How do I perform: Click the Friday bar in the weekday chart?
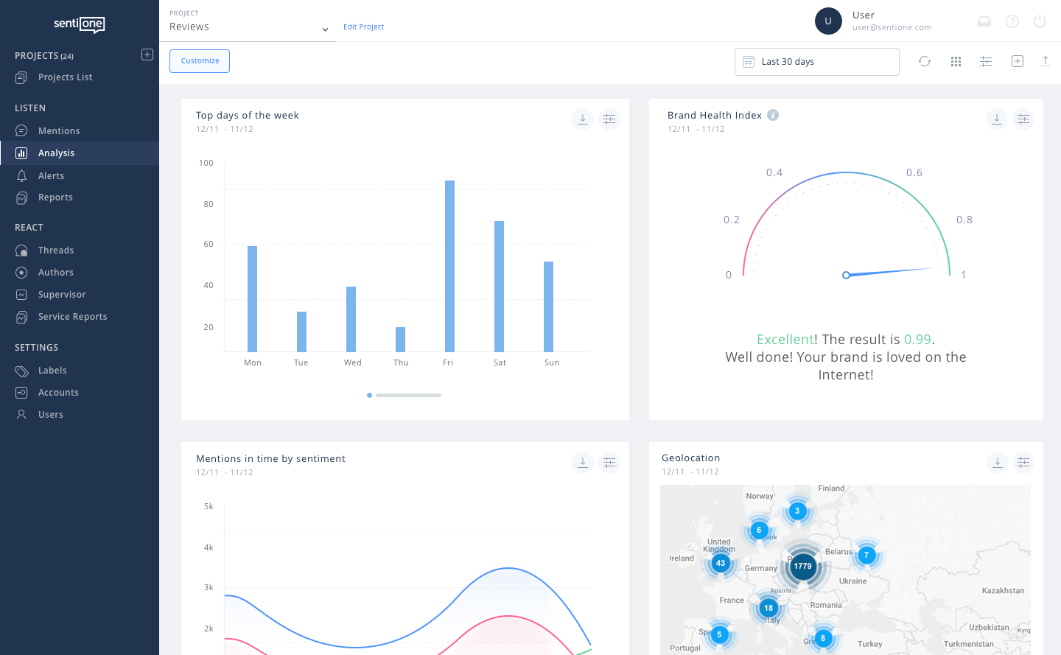(449, 266)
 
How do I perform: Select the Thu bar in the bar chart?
(400, 340)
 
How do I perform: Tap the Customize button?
(200, 61)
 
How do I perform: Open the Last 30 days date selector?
(816, 62)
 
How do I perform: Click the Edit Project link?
(363, 27)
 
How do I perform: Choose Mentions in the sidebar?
(59, 131)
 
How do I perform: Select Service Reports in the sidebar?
(72, 317)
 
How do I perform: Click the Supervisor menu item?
(62, 295)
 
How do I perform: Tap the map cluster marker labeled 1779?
(802, 566)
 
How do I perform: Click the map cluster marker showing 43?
(721, 563)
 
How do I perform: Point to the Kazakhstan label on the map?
(1003, 591)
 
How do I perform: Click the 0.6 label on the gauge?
(914, 172)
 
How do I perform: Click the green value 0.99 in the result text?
(917, 340)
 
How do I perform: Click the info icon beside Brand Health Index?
(773, 115)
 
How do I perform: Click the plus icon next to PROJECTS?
(147, 55)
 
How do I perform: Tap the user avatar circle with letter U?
(828, 21)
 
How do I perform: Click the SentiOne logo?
(79, 24)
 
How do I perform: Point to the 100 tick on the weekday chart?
(206, 164)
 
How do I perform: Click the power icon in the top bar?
(1040, 21)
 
